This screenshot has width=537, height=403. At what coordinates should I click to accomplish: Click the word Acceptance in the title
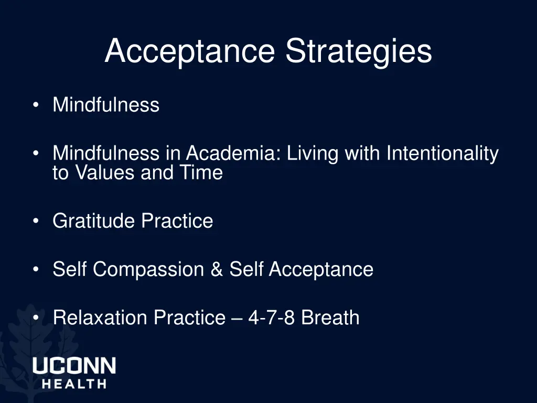point(189,51)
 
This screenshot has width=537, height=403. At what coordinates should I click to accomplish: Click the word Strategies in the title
point(359,51)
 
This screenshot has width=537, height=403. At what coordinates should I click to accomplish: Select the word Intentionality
point(442,153)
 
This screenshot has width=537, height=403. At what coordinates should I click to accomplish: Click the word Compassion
point(148,269)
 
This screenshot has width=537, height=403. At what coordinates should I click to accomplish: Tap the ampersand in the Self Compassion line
point(216,269)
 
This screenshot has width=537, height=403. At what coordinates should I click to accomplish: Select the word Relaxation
point(99,317)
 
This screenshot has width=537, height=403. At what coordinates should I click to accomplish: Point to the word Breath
point(330,317)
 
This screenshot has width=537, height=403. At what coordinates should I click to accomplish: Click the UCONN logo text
point(74,366)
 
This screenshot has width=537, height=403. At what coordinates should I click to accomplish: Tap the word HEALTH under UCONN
point(74,384)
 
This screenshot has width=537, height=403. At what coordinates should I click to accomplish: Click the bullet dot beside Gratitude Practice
point(35,221)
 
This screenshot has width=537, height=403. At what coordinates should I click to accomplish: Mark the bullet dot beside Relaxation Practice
point(35,318)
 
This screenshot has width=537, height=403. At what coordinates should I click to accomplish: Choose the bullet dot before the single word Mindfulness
point(35,105)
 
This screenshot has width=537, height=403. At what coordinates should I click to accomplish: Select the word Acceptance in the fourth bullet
point(321,269)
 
